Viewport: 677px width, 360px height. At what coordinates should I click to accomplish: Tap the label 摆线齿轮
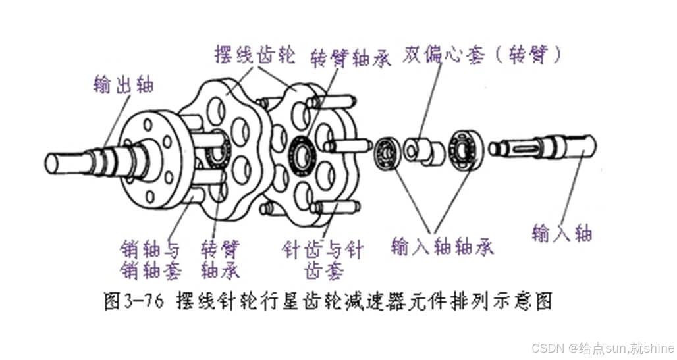253,54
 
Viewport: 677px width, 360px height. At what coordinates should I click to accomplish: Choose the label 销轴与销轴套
149,259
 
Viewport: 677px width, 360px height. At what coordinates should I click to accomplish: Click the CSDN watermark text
602,346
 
